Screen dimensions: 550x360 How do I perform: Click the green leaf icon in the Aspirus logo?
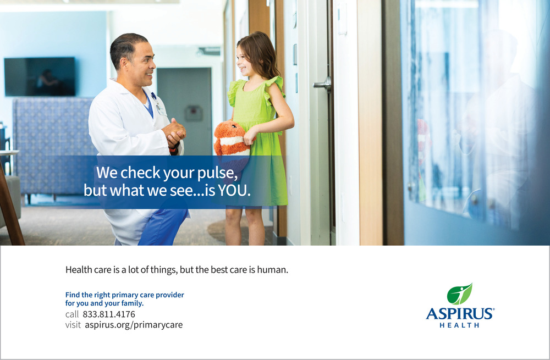pyautogui.click(x=459, y=293)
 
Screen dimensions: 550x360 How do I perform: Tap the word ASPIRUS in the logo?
pyautogui.click(x=460, y=313)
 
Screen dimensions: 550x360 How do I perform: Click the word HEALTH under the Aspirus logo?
pyautogui.click(x=459, y=325)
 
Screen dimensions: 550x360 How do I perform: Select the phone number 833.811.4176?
pyautogui.click(x=109, y=314)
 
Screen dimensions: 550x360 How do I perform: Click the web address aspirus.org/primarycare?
pyautogui.click(x=134, y=325)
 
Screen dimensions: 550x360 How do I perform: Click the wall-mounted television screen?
pyautogui.click(x=40, y=76)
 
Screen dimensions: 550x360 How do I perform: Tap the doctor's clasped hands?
pyautogui.click(x=174, y=132)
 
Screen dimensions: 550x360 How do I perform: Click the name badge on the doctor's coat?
pyautogui.click(x=162, y=110)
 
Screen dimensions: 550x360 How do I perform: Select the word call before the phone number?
pyautogui.click(x=72, y=314)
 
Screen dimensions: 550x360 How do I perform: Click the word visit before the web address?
pyautogui.click(x=73, y=325)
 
